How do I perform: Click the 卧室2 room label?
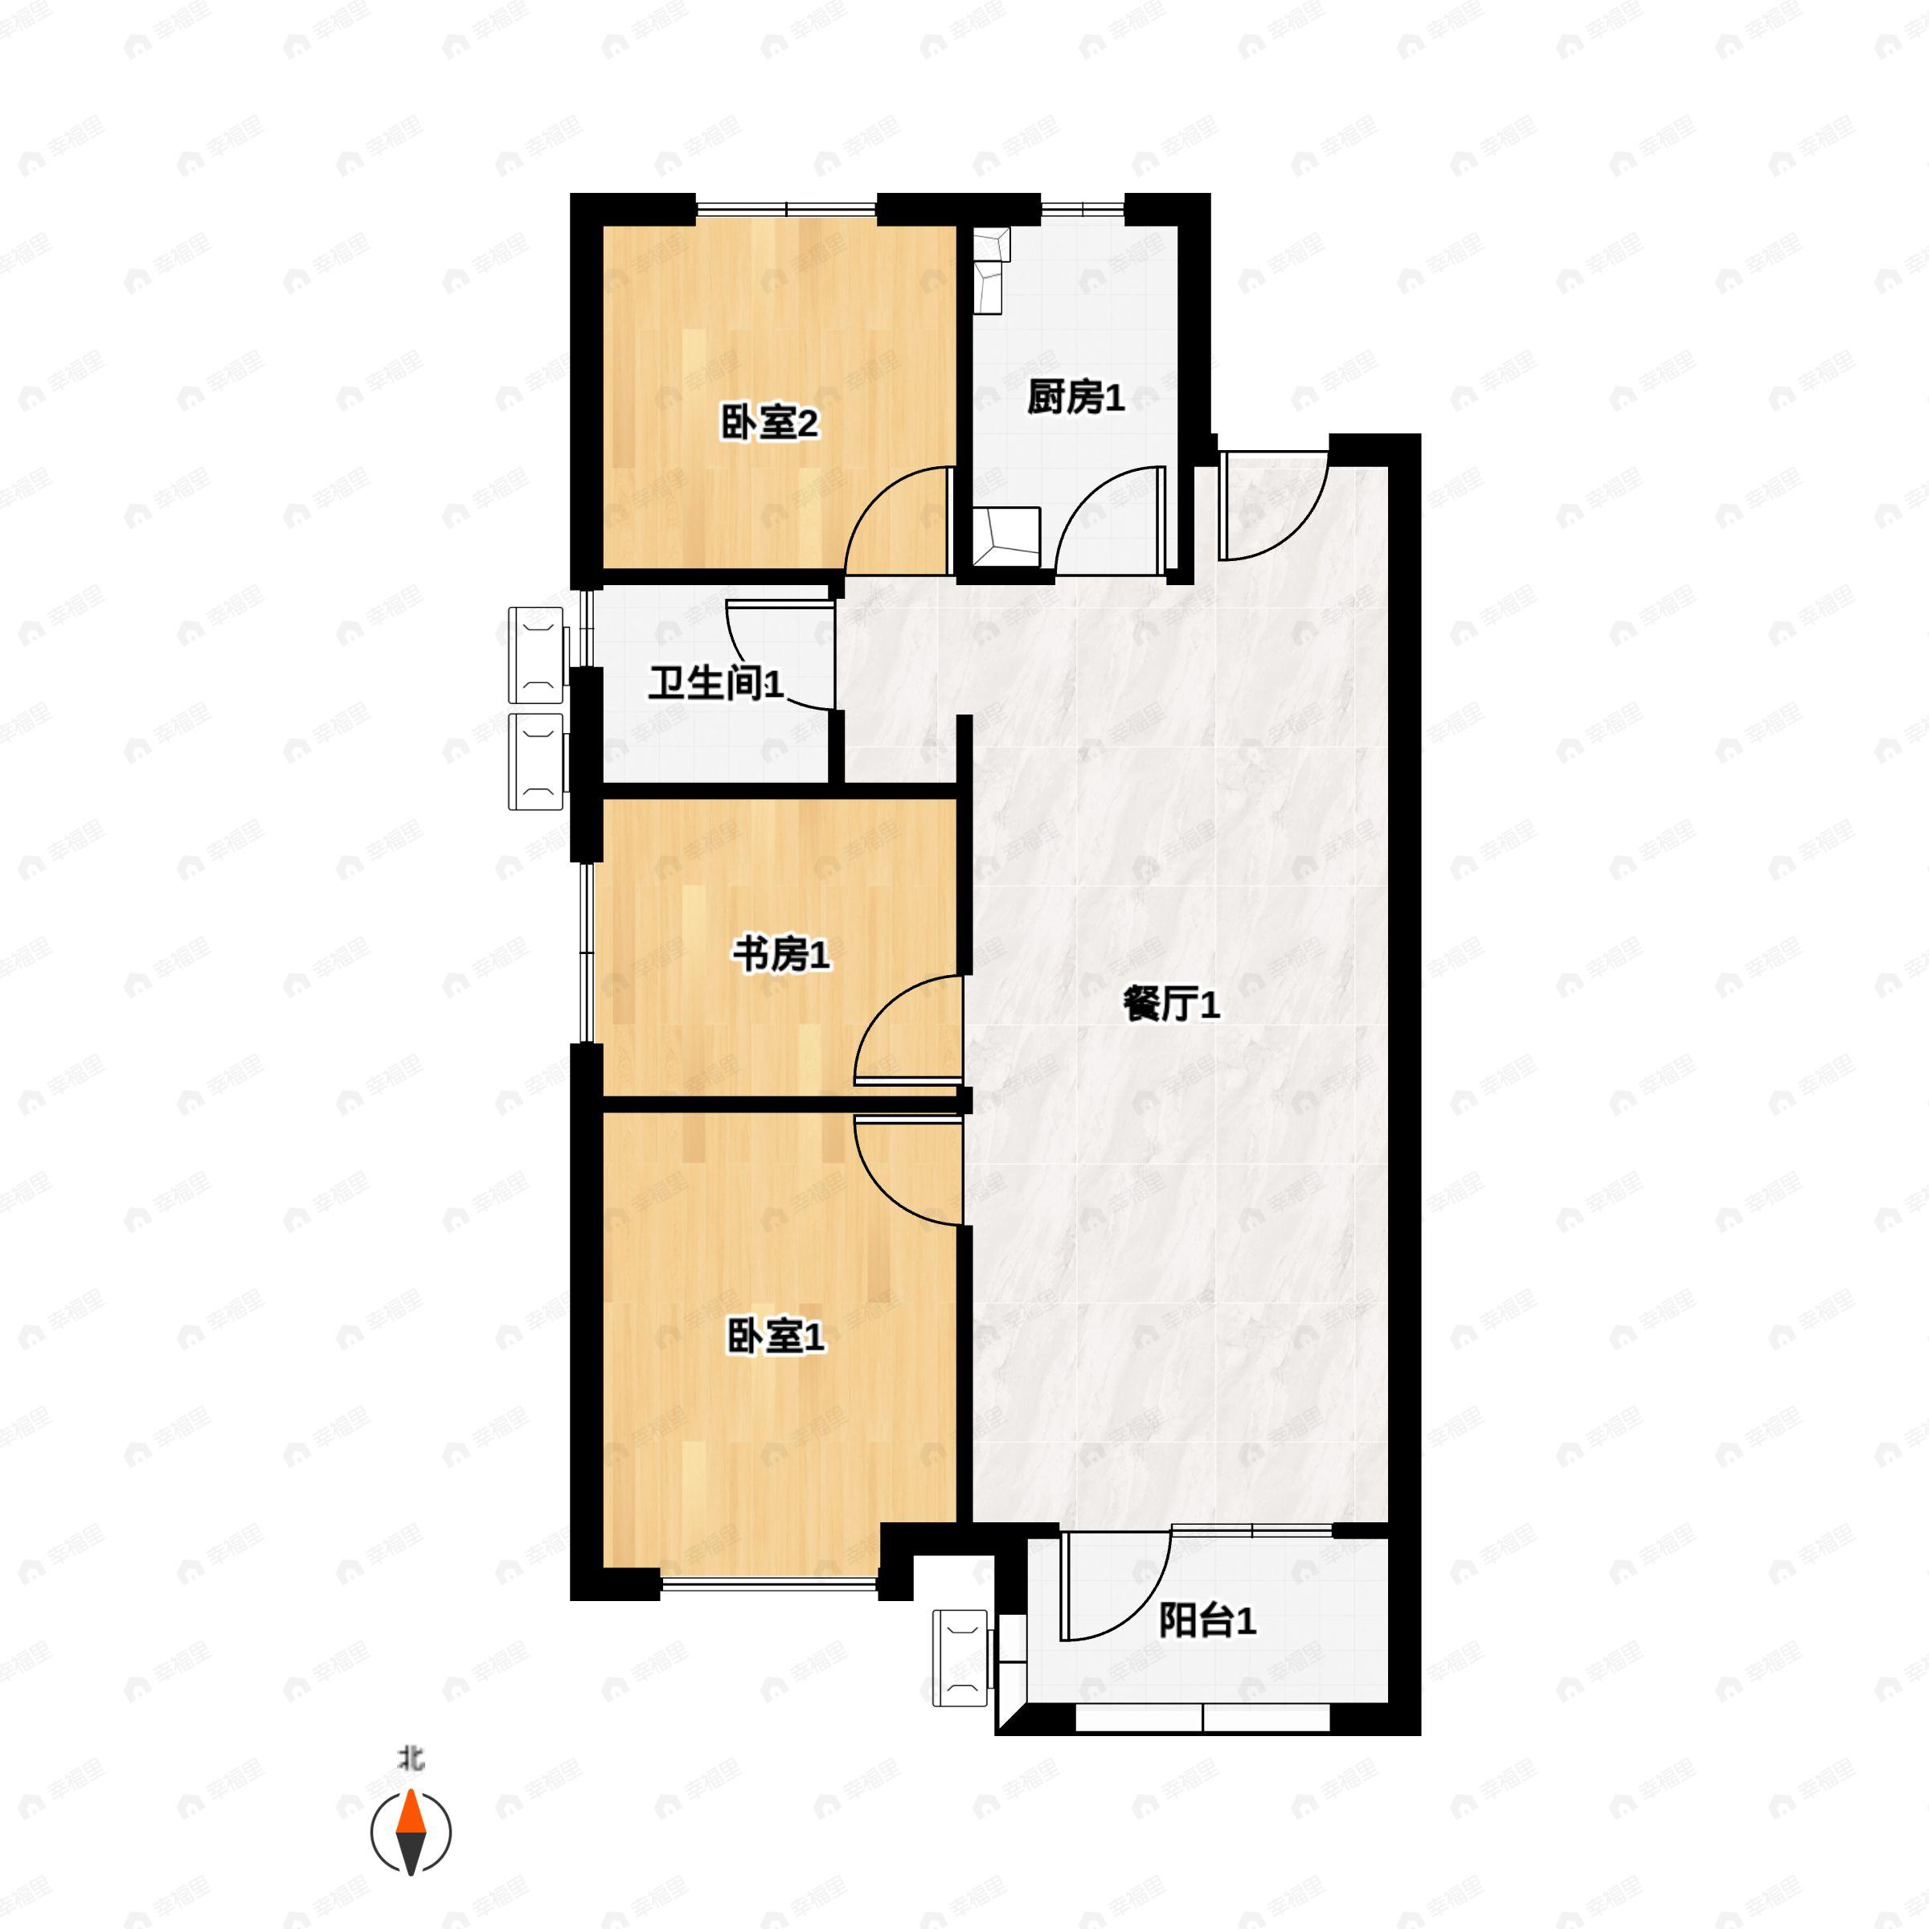pyautogui.click(x=769, y=424)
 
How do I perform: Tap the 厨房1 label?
pyautogui.click(x=1076, y=399)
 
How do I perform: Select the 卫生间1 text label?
pyautogui.click(x=716, y=684)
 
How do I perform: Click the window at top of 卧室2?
pyautogui.click(x=786, y=210)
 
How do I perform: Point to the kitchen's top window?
pyautogui.click(x=1083, y=210)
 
